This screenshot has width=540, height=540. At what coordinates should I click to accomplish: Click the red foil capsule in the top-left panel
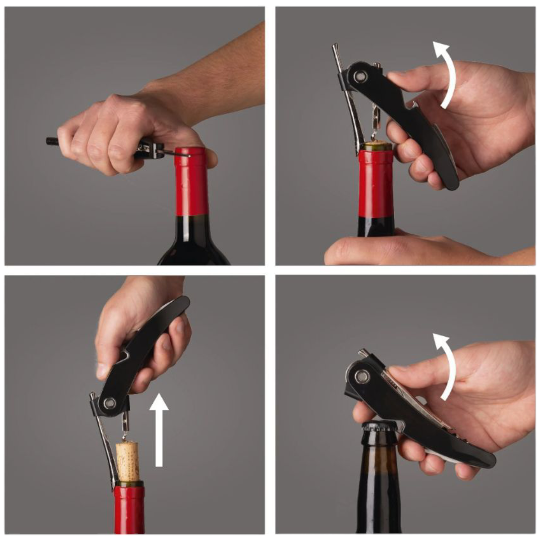click(192, 182)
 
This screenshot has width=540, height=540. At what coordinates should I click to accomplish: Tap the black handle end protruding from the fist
click(52, 141)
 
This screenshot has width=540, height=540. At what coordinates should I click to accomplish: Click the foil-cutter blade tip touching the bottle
click(189, 156)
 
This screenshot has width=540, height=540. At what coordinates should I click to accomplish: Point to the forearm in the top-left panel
click(213, 75)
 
